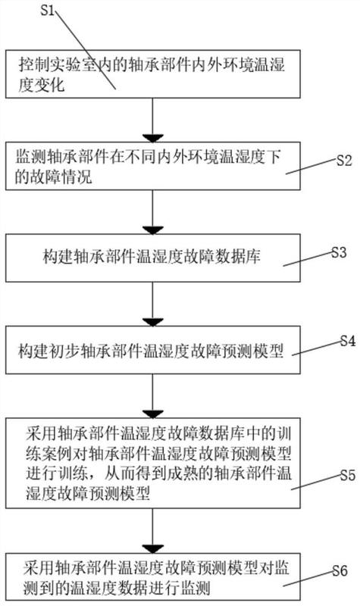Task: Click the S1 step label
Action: tap(48, 10)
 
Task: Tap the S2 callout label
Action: tap(344, 161)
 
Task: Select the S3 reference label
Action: tap(339, 252)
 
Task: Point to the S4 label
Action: tap(348, 341)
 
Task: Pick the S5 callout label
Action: tap(348, 475)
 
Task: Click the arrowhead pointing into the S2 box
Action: tap(153, 138)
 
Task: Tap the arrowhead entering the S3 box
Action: tap(153, 230)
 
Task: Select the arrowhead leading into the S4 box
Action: tap(153, 322)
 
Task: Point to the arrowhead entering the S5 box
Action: tap(153, 414)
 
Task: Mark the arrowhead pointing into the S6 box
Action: tap(153, 548)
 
